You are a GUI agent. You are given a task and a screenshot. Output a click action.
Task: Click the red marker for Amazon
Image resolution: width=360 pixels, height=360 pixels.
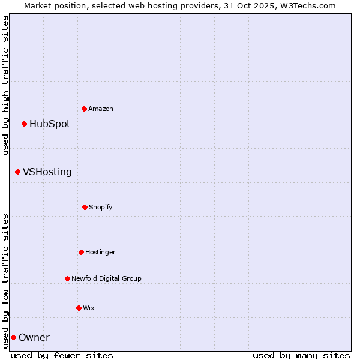pos(84,109)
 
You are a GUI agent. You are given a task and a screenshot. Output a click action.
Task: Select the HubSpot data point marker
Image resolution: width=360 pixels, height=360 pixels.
pos(24,124)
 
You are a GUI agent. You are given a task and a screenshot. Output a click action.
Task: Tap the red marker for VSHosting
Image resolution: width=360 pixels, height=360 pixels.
pos(17,172)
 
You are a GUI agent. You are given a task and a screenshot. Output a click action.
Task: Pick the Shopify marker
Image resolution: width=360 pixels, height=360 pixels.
pos(85,207)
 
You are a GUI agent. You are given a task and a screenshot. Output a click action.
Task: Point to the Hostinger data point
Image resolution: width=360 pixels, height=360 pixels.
pos(81,252)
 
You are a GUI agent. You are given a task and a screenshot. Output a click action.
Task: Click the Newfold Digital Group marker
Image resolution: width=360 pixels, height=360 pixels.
pos(67,278)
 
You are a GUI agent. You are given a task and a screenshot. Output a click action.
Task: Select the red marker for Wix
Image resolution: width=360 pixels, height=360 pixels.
pos(79,308)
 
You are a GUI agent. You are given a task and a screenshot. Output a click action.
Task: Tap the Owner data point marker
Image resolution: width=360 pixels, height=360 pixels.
pos(13,337)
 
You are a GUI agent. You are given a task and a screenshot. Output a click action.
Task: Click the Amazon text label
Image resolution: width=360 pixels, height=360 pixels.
pos(101,109)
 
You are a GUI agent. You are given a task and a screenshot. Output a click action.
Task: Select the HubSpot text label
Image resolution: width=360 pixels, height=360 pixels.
pos(50,124)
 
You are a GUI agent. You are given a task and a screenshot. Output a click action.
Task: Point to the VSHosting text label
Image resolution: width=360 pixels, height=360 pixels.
pos(47,172)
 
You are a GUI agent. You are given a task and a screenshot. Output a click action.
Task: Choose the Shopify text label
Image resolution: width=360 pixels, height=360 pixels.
pos(101,207)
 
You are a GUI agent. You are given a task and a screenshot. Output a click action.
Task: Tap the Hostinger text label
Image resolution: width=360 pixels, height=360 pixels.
pos(100,252)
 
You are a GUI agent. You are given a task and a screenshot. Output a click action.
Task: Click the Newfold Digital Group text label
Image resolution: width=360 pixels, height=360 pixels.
pos(106,278)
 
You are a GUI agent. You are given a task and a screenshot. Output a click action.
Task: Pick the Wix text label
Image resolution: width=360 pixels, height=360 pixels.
pos(89,308)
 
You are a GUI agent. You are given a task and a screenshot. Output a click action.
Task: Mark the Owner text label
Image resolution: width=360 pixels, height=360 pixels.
pos(34,337)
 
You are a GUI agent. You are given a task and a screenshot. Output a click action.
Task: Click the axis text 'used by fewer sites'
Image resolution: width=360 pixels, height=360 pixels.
pos(62,355)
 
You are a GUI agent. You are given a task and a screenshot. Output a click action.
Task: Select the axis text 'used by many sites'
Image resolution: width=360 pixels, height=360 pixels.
pos(301,355)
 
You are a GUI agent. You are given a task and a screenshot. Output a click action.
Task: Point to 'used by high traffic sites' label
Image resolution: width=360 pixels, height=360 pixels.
pos(5,85)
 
